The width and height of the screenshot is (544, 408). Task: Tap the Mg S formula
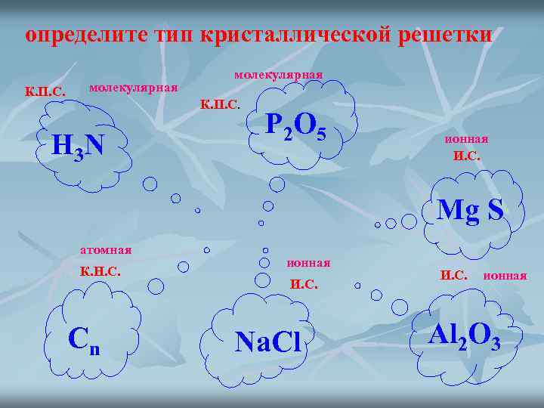click(470, 209)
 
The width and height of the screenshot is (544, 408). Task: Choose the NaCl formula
click(267, 342)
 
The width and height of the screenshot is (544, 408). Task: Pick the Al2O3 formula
click(463, 335)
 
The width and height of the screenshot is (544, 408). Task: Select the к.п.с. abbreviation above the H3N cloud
click(45, 92)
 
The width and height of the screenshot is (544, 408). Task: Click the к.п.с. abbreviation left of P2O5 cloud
click(219, 104)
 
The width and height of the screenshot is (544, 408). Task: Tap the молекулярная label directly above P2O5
click(278, 75)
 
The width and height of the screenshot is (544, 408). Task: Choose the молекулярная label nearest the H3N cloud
click(133, 88)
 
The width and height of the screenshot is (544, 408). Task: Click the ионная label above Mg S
click(465, 139)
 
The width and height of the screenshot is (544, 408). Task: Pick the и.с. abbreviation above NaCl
click(304, 285)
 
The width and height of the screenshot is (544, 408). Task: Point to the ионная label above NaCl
click(308, 263)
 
